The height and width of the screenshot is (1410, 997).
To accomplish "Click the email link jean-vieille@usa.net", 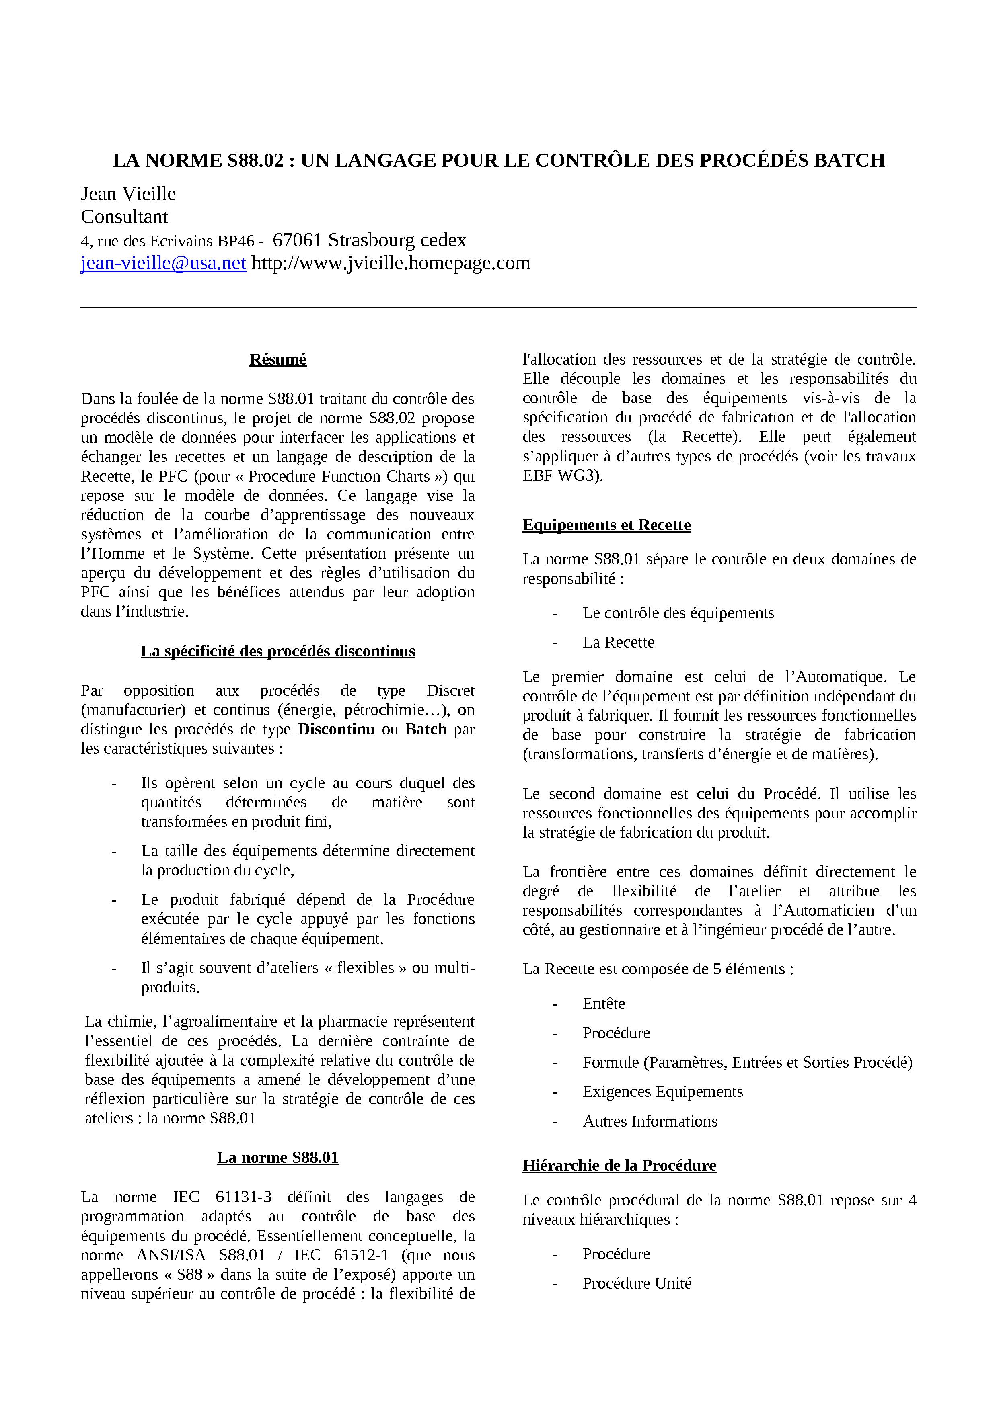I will [163, 263].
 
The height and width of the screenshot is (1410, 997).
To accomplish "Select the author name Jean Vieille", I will [128, 194].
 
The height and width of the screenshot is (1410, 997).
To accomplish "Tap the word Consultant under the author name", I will [124, 217].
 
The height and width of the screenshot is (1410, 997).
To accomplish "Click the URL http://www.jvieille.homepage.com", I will [391, 263].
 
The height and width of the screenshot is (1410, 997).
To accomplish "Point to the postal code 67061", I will [297, 240].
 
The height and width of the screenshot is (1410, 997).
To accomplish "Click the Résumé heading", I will [278, 359].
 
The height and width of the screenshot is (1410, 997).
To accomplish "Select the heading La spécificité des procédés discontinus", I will [278, 651].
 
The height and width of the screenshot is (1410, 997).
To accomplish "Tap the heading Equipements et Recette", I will [606, 525].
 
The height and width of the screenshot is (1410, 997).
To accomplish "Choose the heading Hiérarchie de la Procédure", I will [619, 1166].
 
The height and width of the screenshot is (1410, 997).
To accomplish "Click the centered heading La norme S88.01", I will [278, 1158].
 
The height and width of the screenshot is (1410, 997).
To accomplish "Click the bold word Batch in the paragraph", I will [426, 730].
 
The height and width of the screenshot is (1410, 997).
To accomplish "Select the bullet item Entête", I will [604, 1004].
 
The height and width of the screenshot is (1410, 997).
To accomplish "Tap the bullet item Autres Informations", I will [650, 1121].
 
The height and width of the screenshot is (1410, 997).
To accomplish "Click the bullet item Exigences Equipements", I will [662, 1092].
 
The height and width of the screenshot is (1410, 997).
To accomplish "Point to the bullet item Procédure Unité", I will [637, 1283].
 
